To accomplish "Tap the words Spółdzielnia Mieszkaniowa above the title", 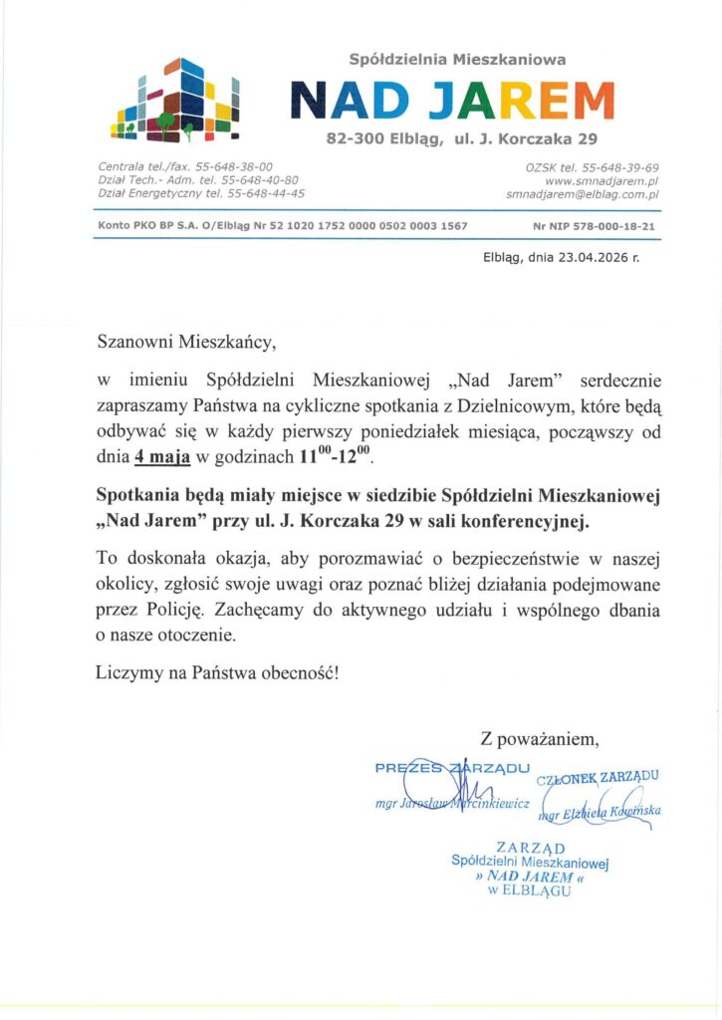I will [458, 60].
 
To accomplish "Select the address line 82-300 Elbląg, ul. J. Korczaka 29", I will [462, 138].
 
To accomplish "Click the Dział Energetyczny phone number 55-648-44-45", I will [263, 193].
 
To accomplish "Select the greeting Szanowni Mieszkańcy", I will [183, 344].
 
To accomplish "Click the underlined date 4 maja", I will [162, 459].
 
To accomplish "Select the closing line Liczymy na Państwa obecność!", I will [217, 672].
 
